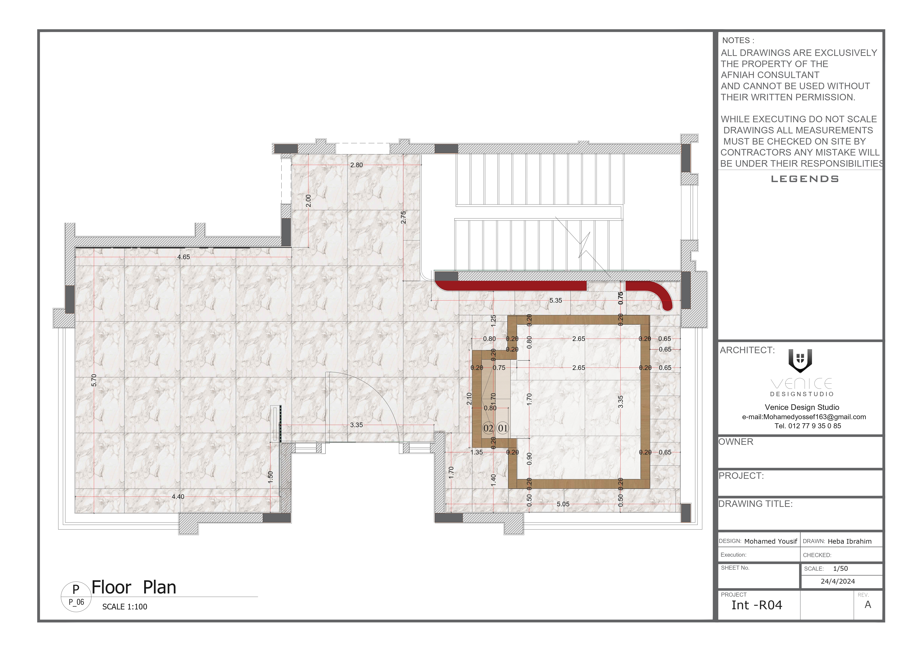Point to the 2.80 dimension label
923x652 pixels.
point(356,165)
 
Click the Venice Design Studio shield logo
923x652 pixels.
point(800,360)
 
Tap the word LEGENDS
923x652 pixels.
point(805,179)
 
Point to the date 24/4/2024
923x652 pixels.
point(838,581)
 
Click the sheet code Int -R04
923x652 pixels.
point(757,605)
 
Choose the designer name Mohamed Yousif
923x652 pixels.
point(770,541)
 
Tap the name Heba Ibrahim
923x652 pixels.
point(849,541)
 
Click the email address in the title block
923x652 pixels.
point(804,417)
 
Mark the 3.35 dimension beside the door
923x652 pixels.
point(356,425)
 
